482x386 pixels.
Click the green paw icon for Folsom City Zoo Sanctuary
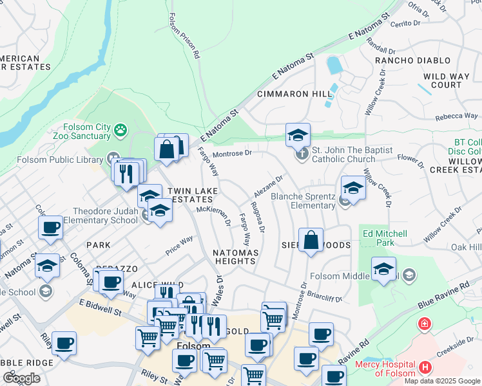point(120,131)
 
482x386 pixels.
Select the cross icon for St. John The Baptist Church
point(302,154)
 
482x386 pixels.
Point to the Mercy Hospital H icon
point(425,367)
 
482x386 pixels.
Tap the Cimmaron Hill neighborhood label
point(294,94)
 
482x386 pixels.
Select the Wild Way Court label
point(447,80)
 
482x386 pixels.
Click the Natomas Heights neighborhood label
point(236,257)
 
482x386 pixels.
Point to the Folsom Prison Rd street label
point(183,36)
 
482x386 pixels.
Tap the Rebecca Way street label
point(456,116)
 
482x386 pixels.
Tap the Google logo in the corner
point(21,378)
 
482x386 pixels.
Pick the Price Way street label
point(178,245)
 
